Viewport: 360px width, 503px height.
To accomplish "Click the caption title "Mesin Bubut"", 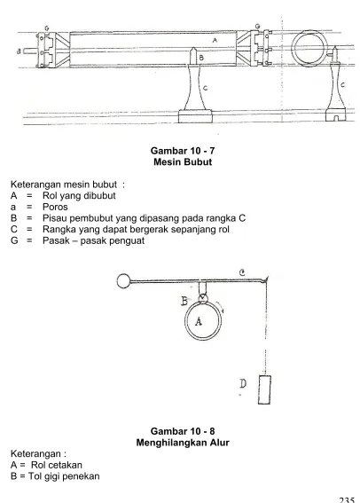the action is pyautogui.click(x=183, y=161).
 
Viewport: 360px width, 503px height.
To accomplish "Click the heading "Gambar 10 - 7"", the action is pyautogui.click(x=183, y=151).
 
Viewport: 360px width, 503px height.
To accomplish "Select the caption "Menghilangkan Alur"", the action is pyautogui.click(x=183, y=443).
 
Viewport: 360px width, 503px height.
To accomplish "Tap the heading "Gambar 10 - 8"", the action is pyautogui.click(x=183, y=431).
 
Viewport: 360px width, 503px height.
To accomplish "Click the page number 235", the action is pyautogui.click(x=347, y=499).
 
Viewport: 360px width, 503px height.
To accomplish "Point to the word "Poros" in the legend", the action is pyautogui.click(x=55, y=207).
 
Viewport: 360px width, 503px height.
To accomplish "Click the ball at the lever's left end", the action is pyautogui.click(x=123, y=281).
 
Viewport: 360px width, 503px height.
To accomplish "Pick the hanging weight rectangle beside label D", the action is pyautogui.click(x=264, y=389).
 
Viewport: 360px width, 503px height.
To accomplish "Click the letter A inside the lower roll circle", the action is pyautogui.click(x=199, y=321).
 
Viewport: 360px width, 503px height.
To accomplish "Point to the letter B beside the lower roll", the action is pyautogui.click(x=184, y=302).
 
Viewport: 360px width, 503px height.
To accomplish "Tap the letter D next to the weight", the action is pyautogui.click(x=243, y=383).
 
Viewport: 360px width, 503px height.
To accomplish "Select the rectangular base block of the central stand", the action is pyautogui.click(x=195, y=116).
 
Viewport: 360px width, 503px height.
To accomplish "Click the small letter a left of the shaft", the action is pyautogui.click(x=19, y=51).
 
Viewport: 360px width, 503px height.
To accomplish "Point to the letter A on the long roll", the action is pyautogui.click(x=215, y=40).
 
